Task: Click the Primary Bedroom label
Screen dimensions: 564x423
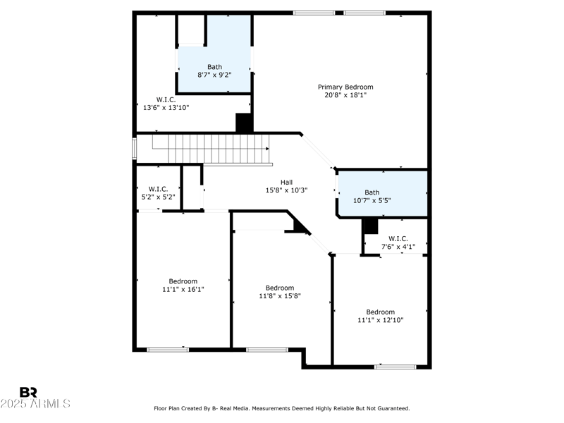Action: coord(345,87)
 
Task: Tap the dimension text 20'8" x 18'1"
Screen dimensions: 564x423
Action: coord(345,95)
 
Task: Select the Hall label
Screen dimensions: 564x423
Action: coord(286,182)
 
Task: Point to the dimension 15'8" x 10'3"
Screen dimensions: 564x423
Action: coord(286,190)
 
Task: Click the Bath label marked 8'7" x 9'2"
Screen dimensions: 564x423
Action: coord(214,67)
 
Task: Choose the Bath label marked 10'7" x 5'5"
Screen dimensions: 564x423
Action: coord(372,192)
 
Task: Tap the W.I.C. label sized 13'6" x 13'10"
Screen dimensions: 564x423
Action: coord(166,99)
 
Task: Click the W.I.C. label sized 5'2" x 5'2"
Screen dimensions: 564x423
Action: coord(158,189)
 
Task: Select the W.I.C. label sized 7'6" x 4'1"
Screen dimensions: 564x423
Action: coord(398,238)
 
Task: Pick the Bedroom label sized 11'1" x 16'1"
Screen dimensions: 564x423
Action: coord(183,281)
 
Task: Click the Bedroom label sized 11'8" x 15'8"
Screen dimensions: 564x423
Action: coord(280,288)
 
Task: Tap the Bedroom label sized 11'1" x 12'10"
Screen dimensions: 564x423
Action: coord(380,312)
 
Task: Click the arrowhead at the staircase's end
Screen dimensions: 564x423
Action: coord(267,149)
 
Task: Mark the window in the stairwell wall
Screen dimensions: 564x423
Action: coord(134,149)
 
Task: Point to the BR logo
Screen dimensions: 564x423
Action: coord(28,392)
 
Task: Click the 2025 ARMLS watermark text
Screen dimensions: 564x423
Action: coord(35,403)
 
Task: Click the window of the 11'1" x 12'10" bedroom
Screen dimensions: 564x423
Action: coord(396,367)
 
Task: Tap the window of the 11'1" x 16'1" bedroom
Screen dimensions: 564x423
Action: coord(168,350)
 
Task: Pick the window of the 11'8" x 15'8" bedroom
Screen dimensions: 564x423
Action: coord(267,350)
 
